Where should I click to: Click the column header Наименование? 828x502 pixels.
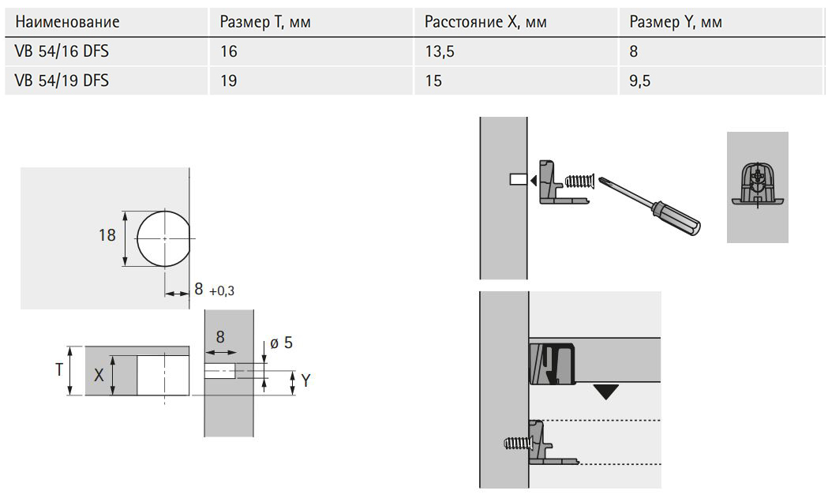[67, 21]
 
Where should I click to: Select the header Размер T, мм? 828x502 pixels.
[265, 21]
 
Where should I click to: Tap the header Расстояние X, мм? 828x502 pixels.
[485, 21]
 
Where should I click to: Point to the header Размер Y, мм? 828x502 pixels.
[676, 21]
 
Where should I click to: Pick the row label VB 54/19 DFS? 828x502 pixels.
[61, 81]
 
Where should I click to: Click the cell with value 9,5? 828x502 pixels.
[639, 81]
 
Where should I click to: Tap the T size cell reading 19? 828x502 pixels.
[228, 81]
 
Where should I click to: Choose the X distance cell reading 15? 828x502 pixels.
[433, 81]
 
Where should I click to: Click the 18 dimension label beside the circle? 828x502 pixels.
[107, 235]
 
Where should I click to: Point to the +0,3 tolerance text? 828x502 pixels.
[222, 291]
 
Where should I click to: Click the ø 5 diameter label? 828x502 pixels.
[281, 343]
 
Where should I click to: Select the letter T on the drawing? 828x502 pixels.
[58, 369]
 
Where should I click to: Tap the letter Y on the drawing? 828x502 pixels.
[305, 382]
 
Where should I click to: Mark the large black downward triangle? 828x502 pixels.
[605, 391]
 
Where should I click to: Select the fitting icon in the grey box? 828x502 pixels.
[757, 185]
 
